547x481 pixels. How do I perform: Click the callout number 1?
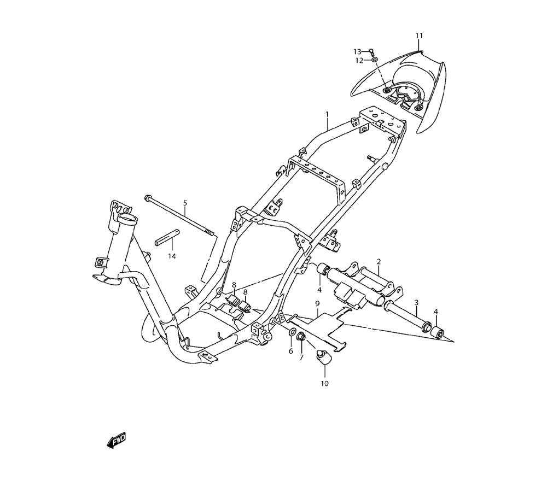[327, 115]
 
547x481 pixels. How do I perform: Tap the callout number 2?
[378, 262]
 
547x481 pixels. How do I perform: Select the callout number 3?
[416, 302]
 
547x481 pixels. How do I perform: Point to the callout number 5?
[185, 203]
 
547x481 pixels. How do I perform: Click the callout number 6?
[291, 351]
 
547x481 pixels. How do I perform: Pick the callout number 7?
[301, 357]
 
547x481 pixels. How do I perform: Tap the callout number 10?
[324, 383]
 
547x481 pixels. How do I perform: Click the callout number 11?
[419, 36]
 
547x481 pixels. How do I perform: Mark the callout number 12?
[359, 60]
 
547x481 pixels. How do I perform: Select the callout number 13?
[357, 51]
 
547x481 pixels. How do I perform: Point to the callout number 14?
[172, 255]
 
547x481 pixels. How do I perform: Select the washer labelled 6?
[291, 333]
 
